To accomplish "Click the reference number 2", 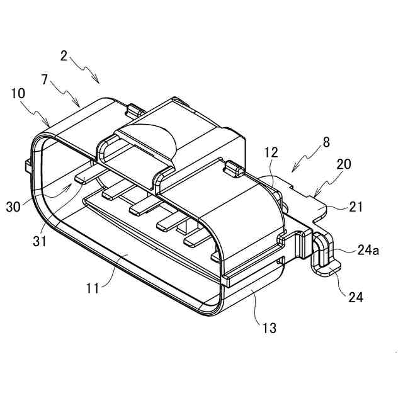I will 64,55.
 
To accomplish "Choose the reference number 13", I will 270,327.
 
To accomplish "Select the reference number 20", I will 344,164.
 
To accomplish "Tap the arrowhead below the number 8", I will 293,171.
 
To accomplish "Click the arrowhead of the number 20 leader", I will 314,193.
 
